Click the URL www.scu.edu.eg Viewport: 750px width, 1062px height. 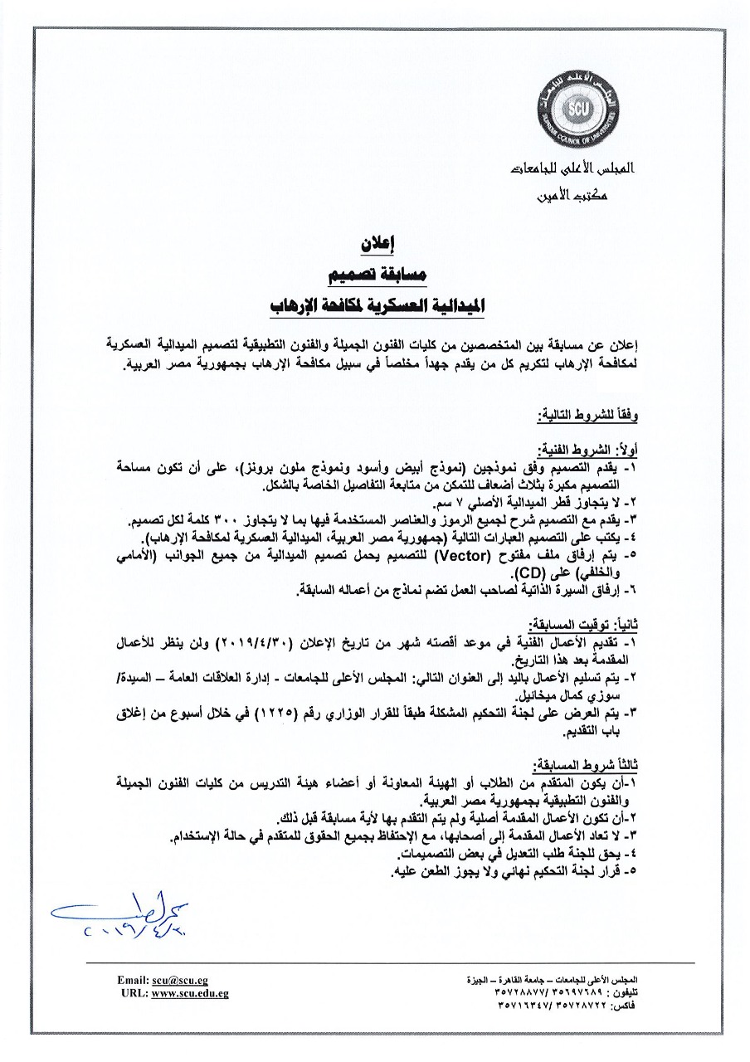click(x=190, y=993)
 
